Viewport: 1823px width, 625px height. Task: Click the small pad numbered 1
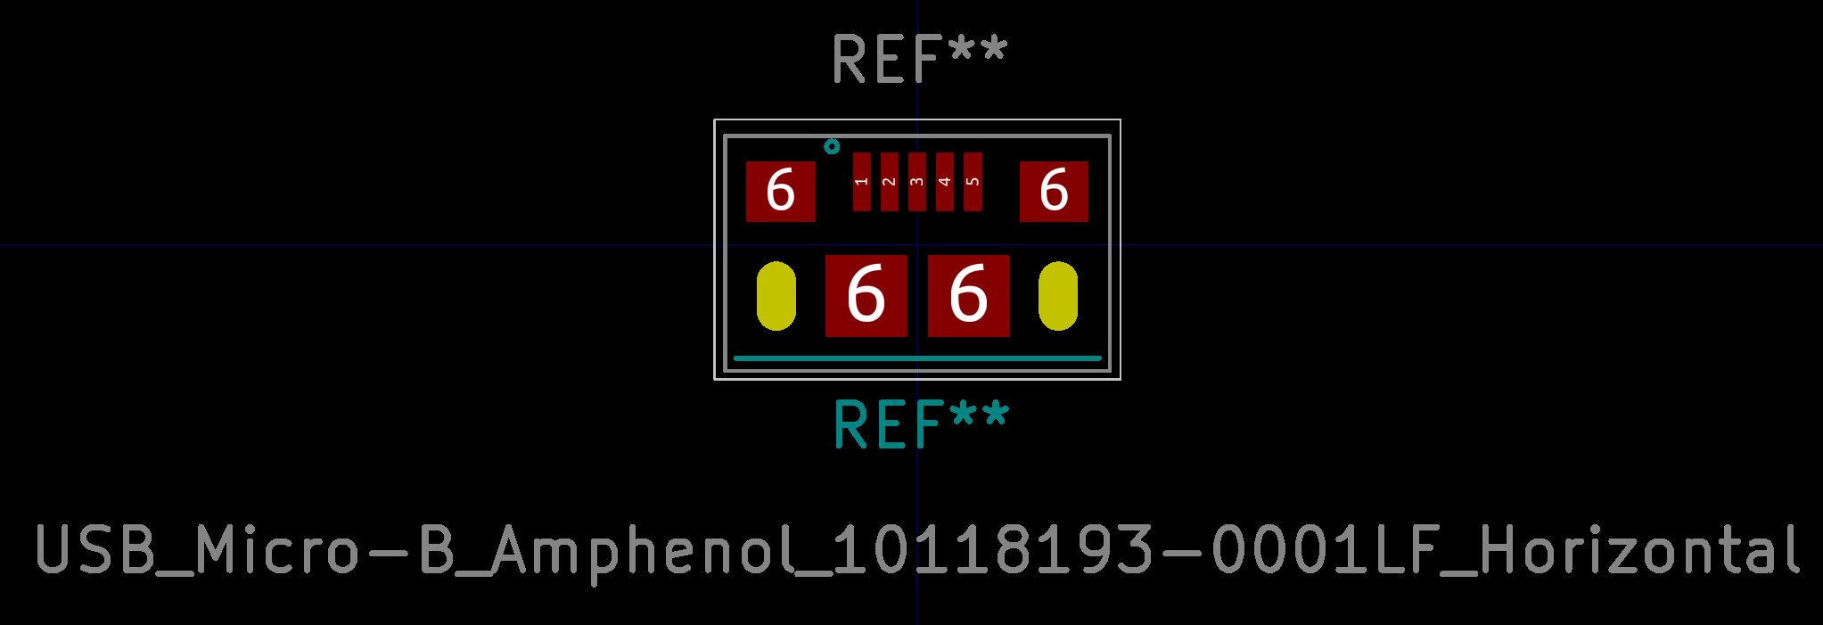click(x=861, y=182)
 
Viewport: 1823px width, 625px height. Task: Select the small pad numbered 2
click(x=889, y=182)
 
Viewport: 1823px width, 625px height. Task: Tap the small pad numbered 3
click(x=916, y=182)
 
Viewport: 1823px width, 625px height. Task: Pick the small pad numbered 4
click(x=944, y=182)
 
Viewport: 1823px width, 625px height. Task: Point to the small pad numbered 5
click(x=973, y=182)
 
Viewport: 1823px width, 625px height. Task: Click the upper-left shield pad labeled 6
click(x=780, y=191)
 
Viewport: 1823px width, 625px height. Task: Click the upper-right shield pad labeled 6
click(x=1054, y=191)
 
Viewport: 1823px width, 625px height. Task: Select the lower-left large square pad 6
click(x=866, y=295)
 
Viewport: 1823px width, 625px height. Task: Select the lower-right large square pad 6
click(x=968, y=295)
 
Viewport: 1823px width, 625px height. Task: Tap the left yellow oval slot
click(x=776, y=296)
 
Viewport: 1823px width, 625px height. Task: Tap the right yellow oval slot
click(x=1057, y=296)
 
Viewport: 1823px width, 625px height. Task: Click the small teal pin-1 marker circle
click(x=832, y=146)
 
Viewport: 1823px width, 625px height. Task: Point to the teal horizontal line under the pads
click(x=916, y=358)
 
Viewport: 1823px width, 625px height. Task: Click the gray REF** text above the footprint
click(x=919, y=60)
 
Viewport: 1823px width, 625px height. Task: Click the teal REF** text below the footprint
click(x=920, y=424)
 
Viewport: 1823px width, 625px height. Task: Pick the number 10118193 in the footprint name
click(x=995, y=549)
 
